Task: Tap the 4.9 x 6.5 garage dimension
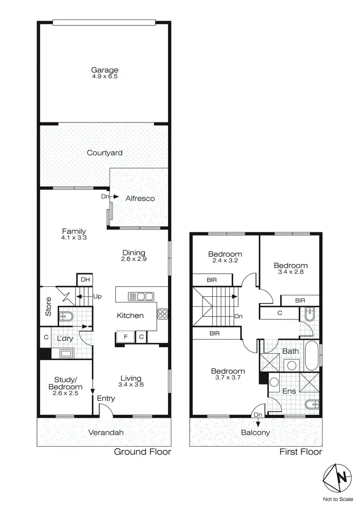point(105,76)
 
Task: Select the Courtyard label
point(105,153)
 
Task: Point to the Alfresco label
point(140,198)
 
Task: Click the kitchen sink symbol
point(141,296)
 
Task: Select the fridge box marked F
point(125,337)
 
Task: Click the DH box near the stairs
point(84,279)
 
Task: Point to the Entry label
point(106,398)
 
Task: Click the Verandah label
point(106,432)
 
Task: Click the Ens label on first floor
point(289,391)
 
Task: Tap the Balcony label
point(255,432)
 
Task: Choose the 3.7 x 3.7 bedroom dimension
point(228,378)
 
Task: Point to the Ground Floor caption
point(142,452)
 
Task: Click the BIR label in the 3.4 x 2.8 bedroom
point(300,300)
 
